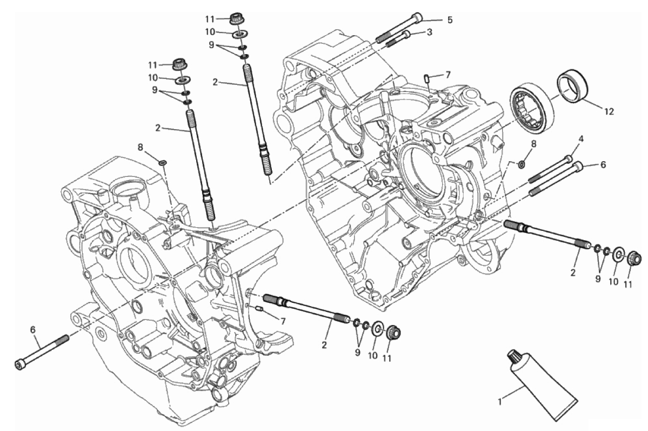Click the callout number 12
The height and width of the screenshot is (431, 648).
coord(609,111)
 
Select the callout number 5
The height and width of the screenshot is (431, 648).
coord(450,20)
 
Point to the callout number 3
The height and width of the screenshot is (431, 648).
coord(429,32)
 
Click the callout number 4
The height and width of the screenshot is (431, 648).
coord(580,139)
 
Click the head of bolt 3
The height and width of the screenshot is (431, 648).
coord(406,34)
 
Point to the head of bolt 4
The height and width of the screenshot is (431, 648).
coord(569,158)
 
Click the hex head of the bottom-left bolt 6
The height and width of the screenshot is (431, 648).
coord(19,364)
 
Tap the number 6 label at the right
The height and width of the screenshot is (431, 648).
coord(603,164)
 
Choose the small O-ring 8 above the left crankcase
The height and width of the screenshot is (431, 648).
coord(163,162)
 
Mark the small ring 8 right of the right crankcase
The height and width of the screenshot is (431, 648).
coord(522,164)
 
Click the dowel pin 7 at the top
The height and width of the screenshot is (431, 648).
coord(426,78)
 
